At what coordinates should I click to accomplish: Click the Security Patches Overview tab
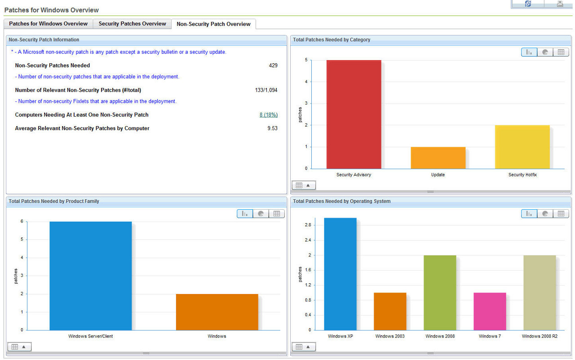pyautogui.click(x=132, y=24)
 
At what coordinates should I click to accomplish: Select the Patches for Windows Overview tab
pyautogui.click(x=48, y=24)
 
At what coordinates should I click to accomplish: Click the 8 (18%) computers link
pyautogui.click(x=268, y=115)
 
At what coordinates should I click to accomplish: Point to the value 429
pyautogui.click(x=273, y=66)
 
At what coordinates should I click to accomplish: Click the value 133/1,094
pyautogui.click(x=266, y=90)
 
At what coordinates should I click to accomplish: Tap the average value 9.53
pyautogui.click(x=272, y=128)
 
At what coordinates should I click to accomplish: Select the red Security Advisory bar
pyautogui.click(x=354, y=114)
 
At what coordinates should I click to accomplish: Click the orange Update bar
pyautogui.click(x=438, y=158)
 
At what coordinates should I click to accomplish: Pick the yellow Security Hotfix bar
pyautogui.click(x=522, y=147)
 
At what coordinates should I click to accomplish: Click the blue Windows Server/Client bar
pyautogui.click(x=90, y=276)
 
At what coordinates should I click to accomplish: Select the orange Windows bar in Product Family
pyautogui.click(x=217, y=312)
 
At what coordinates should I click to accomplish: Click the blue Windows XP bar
pyautogui.click(x=340, y=274)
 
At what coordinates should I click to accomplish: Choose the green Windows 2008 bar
pyautogui.click(x=440, y=292)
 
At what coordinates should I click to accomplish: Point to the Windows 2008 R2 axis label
pyautogui.click(x=540, y=336)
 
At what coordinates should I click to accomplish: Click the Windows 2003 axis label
pyautogui.click(x=390, y=336)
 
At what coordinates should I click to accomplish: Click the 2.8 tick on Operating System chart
pyautogui.click(x=308, y=225)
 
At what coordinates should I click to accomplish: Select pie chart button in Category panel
pyautogui.click(x=545, y=52)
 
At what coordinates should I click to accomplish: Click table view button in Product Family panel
pyautogui.click(x=276, y=214)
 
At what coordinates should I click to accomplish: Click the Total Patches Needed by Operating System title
pyautogui.click(x=341, y=202)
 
